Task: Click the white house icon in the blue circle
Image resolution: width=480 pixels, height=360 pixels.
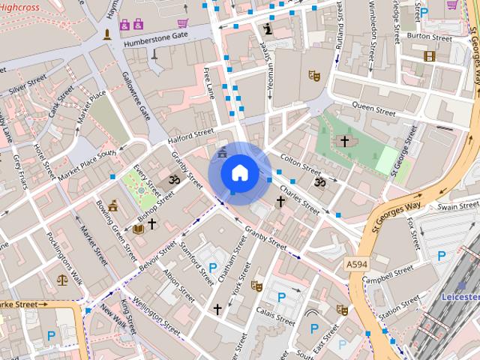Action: coord(239,172)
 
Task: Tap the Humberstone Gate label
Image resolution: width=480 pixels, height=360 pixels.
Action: coord(149,35)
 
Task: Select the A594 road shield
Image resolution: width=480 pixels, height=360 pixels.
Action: coord(358,265)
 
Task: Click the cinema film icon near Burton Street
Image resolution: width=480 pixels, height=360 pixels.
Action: coord(429,55)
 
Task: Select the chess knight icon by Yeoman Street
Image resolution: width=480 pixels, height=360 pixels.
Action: coord(268,29)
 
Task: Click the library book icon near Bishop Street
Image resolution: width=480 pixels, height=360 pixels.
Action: coord(138,228)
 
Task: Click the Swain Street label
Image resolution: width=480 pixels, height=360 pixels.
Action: coord(457,205)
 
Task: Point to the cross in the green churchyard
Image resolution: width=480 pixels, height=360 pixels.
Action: coord(345,141)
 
